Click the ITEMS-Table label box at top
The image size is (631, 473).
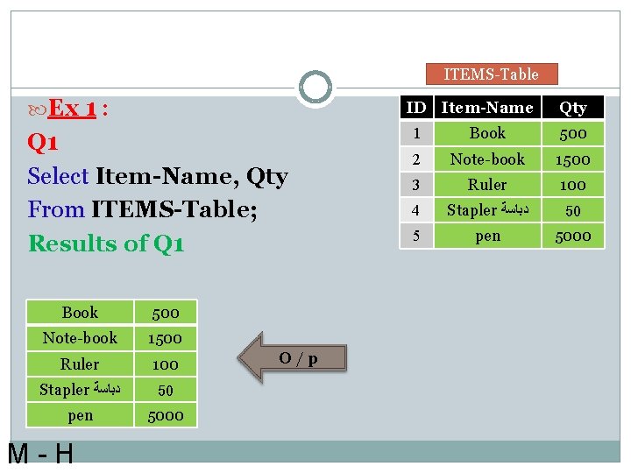coord(491,74)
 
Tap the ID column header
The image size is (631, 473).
coord(415,108)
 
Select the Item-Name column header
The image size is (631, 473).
coord(487,108)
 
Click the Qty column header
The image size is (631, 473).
coord(573,108)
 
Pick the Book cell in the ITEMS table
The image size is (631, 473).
coord(487,133)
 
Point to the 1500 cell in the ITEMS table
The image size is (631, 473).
coord(573,159)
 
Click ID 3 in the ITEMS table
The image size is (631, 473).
coord(415,185)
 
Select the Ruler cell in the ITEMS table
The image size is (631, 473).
coord(487,185)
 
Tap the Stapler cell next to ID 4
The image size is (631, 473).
coord(487,210)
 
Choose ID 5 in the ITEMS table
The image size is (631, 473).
coord(415,236)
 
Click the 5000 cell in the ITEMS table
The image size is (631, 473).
coord(573,236)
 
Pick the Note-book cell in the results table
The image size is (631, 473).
coord(80,338)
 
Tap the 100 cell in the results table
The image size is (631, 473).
coord(165,364)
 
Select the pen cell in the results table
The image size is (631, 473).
coord(80,415)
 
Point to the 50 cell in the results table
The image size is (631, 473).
coord(165,390)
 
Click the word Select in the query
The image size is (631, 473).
coord(58,176)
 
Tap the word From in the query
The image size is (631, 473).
coord(56,210)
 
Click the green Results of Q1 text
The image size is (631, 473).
coord(106,244)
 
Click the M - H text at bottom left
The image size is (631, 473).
coord(40,455)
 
